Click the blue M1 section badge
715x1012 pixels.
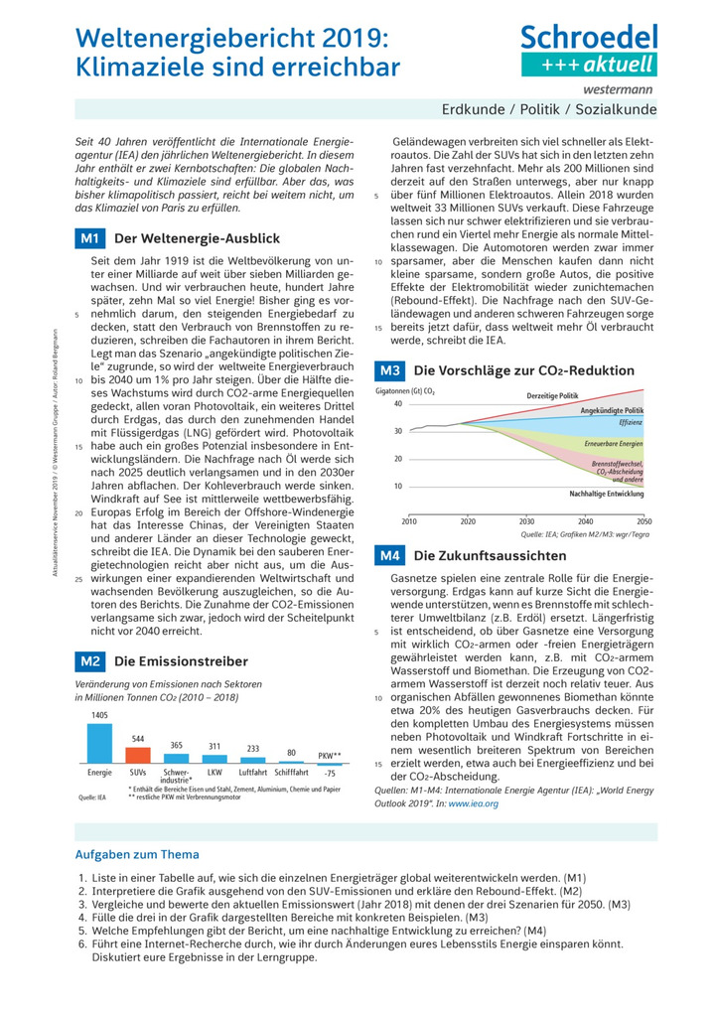pos(89,238)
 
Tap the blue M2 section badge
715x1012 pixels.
pos(89,660)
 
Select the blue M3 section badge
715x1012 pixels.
pos(388,370)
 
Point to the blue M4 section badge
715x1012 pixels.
pos(388,555)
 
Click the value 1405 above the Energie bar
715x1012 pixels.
pos(99,716)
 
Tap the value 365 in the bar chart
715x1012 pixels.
pos(176,745)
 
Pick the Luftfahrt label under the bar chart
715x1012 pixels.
pos(253,772)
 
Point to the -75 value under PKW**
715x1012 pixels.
pos(330,774)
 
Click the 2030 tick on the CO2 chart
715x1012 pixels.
pos(526,520)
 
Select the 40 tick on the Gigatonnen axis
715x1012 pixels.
pos(397,404)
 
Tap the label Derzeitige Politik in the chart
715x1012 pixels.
pos(552,395)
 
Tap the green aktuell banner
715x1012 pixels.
pos(589,65)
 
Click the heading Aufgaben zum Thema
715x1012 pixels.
pos(137,854)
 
